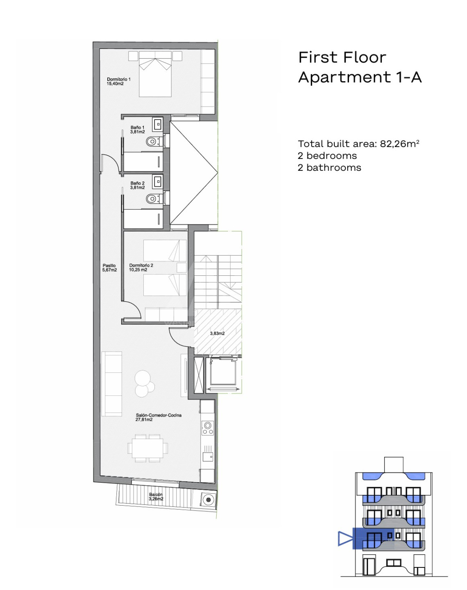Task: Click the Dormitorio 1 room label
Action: [119, 82]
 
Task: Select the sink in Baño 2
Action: [158, 181]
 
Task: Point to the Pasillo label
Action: [109, 268]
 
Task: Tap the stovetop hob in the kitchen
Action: [208, 428]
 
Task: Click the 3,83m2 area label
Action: [217, 334]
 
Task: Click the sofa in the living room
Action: [111, 384]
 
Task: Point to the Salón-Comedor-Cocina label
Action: [158, 417]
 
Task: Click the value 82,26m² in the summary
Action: [399, 144]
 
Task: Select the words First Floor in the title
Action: [342, 58]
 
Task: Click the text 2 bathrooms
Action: [329, 168]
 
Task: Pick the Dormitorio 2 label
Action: [141, 267]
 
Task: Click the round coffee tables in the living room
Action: [144, 383]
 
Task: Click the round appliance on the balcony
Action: [209, 500]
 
